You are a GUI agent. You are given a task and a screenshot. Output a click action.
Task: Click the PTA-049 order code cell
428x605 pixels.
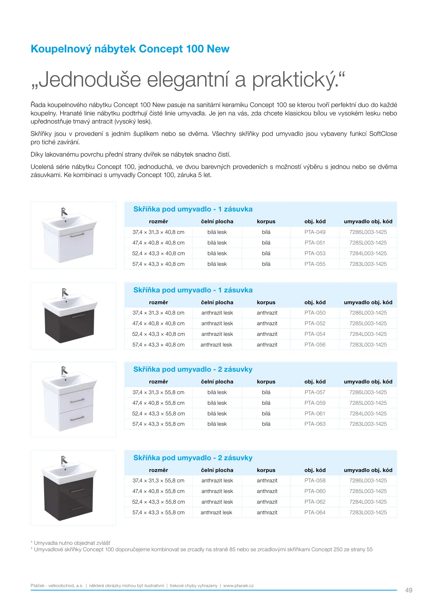(x=315, y=232)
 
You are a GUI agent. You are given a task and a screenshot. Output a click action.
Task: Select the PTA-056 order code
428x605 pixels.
(x=315, y=345)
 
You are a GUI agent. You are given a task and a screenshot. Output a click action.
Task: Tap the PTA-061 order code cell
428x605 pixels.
(x=315, y=414)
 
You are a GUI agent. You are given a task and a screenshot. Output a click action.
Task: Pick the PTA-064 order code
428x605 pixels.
(x=315, y=513)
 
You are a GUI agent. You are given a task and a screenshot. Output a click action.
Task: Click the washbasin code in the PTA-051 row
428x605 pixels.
(x=368, y=243)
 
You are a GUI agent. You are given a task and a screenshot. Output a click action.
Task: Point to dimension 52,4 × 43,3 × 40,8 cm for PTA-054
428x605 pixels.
(x=158, y=334)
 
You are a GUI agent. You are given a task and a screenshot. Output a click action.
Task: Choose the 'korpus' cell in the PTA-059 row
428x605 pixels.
(x=266, y=403)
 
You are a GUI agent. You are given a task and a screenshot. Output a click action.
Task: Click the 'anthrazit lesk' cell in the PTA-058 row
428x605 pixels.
(x=217, y=481)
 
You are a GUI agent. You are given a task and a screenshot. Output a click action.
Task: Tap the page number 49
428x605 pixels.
(x=409, y=590)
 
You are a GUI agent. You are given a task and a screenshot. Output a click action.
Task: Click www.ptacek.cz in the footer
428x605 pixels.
(x=238, y=586)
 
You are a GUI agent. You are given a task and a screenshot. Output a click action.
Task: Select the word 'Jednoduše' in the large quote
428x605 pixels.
(x=90, y=80)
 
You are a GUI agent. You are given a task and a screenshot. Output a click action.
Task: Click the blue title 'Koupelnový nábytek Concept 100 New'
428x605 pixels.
(x=130, y=49)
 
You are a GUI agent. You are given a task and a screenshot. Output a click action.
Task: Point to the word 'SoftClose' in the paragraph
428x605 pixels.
(x=383, y=134)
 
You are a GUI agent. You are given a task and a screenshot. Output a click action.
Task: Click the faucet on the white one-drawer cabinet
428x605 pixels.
(x=64, y=212)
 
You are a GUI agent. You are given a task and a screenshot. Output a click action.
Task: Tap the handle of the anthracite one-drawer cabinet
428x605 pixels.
(x=79, y=316)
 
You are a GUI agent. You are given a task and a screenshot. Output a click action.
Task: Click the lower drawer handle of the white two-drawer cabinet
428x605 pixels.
(x=77, y=419)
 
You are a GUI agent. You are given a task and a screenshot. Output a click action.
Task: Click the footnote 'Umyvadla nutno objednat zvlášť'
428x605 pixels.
(x=72, y=543)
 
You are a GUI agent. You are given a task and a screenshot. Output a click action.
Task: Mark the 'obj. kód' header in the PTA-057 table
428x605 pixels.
(x=315, y=382)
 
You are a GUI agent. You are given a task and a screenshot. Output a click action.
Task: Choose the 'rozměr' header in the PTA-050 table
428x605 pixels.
(x=158, y=302)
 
